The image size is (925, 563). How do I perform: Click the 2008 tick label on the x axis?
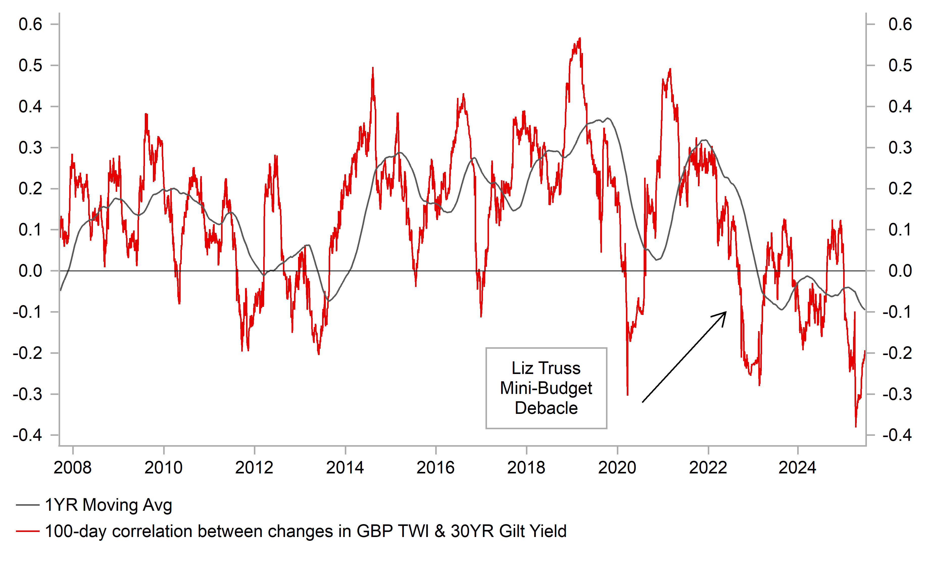[x=72, y=468]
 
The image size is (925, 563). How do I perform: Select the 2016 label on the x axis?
[x=435, y=468]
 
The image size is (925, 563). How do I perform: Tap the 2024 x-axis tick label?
[x=797, y=468]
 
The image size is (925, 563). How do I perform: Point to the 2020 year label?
[x=617, y=468]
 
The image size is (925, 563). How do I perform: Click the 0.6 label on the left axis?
[x=30, y=24]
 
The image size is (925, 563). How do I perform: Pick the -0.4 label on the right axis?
[x=897, y=435]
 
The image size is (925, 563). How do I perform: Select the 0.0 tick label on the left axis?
[x=30, y=271]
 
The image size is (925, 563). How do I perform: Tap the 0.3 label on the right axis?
[x=900, y=148]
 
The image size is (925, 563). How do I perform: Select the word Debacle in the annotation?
[x=546, y=408]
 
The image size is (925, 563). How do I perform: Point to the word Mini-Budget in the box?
[x=546, y=388]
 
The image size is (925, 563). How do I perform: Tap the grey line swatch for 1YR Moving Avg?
[x=27, y=505]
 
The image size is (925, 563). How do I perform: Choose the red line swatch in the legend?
[x=27, y=531]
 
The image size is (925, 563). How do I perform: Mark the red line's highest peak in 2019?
[x=580, y=38]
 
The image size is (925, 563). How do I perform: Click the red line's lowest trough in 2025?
[x=856, y=426]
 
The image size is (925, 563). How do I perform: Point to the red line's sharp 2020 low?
[x=627, y=395]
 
